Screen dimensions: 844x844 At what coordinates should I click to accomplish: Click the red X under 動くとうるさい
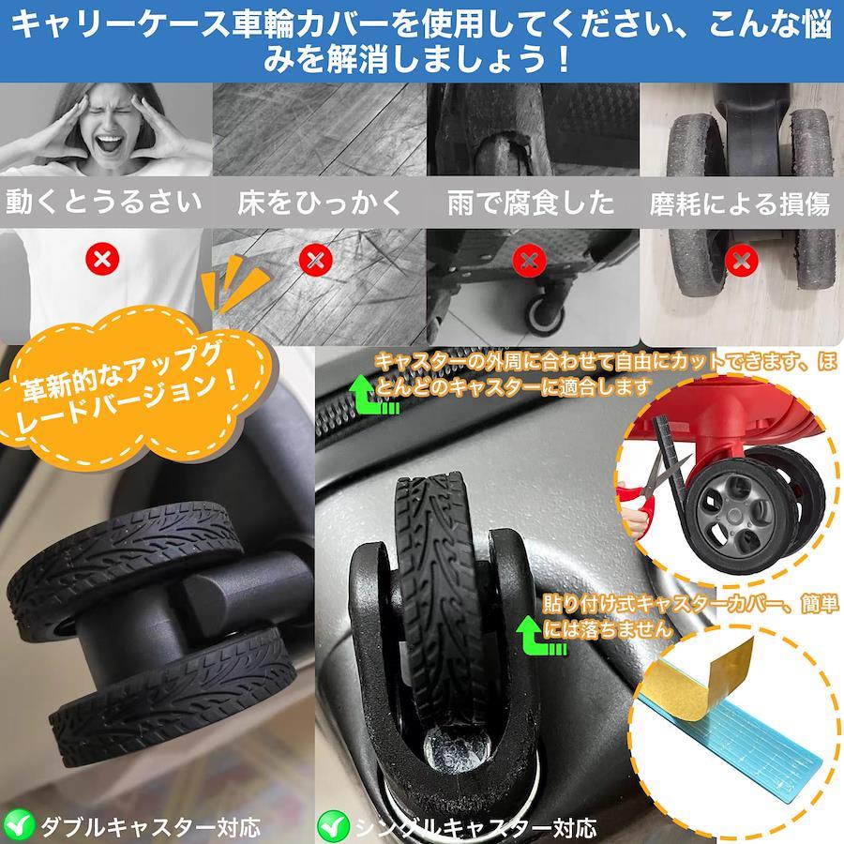102,260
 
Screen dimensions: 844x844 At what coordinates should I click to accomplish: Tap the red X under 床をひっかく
315,260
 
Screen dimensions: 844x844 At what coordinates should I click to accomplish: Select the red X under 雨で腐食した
529,261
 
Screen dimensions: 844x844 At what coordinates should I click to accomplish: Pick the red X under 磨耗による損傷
742,261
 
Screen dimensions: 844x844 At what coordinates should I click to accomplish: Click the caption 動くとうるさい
103,202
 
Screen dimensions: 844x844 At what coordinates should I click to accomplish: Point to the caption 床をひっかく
320,203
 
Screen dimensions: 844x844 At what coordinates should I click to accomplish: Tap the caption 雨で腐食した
531,203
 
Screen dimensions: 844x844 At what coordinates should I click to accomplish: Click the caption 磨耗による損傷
740,203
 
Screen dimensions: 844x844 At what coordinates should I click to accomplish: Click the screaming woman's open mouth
110,143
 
